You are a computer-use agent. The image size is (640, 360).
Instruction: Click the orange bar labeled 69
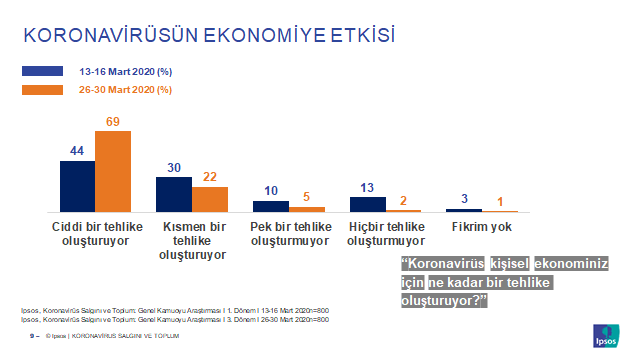(x=113, y=171)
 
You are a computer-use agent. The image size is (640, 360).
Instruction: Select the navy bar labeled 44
(x=77, y=185)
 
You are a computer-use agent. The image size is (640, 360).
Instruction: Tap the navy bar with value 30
(x=173, y=194)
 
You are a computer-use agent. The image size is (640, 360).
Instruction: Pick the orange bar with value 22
(x=210, y=199)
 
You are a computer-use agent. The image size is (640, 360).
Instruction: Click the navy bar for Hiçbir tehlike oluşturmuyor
(x=367, y=204)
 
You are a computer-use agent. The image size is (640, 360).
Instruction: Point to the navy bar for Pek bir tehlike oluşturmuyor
(x=270, y=206)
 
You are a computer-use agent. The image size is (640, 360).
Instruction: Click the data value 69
(x=113, y=122)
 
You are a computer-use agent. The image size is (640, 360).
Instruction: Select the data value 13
(x=368, y=187)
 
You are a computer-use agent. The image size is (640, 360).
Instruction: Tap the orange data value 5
(x=307, y=197)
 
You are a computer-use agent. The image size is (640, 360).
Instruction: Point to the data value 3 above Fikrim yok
(x=464, y=199)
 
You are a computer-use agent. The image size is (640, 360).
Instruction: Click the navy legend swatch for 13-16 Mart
(x=45, y=72)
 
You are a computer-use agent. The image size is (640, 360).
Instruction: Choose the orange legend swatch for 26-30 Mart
(x=45, y=89)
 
